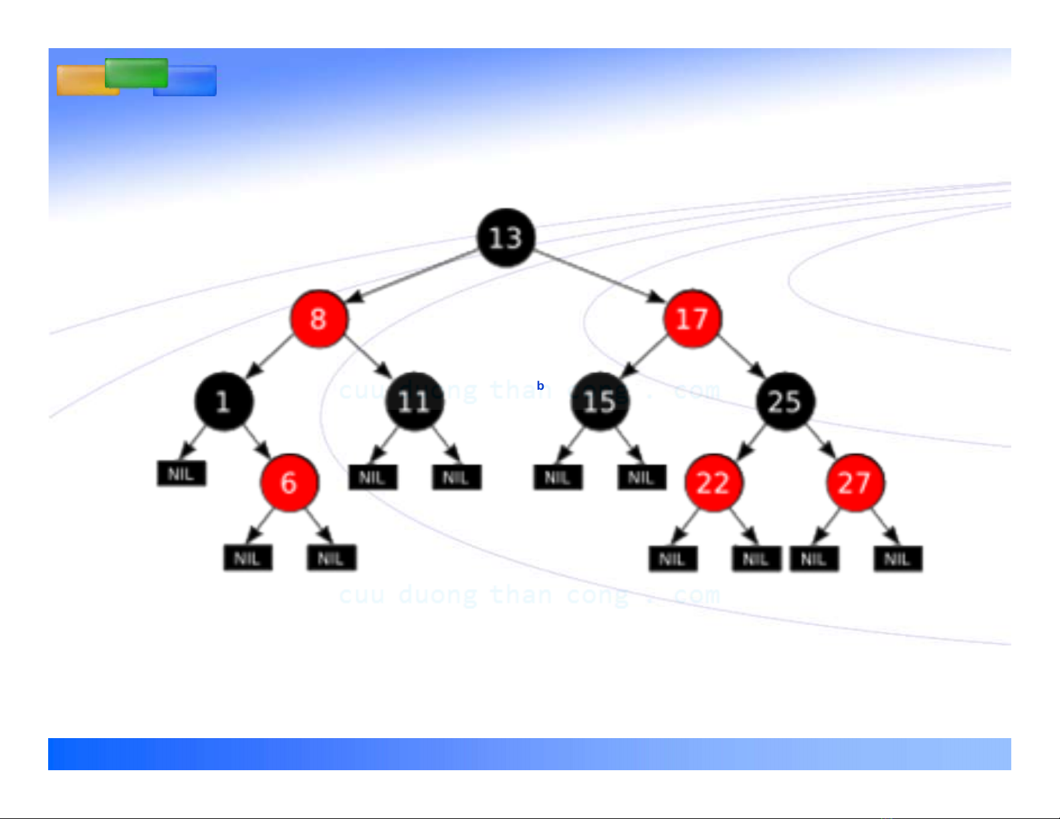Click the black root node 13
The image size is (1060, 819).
[506, 237]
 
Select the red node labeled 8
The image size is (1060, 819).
[319, 319]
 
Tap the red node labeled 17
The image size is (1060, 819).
[692, 319]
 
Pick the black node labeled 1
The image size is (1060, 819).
[223, 401]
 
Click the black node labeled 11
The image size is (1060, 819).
[414, 401]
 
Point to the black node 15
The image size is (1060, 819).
[600, 401]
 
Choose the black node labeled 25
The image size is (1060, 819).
[785, 401]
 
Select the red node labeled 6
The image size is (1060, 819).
[289, 483]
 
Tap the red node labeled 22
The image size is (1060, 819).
[713, 483]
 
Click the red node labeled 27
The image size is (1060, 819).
[855, 483]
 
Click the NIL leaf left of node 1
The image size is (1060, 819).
[181, 474]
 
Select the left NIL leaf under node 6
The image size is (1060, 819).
[247, 558]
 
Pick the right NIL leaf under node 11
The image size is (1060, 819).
[456, 477]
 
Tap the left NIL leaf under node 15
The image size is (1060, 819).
[558, 477]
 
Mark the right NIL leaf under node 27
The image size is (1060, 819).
[897, 559]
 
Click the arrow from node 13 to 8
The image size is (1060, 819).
[415, 276]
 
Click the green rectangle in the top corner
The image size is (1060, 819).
[136, 73]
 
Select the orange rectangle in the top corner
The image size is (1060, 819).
[80, 81]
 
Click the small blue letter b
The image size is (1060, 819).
[540, 386]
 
